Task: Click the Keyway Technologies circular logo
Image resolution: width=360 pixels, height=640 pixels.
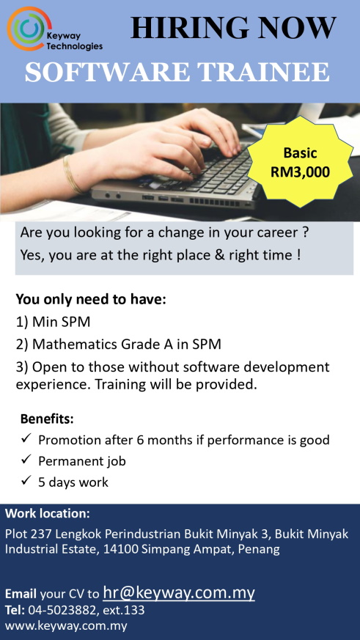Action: tap(29, 29)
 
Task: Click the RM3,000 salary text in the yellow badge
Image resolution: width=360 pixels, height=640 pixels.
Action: tap(301, 172)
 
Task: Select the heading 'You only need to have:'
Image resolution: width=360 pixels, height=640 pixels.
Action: tap(91, 299)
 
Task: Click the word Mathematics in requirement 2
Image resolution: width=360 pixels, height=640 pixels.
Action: tap(75, 345)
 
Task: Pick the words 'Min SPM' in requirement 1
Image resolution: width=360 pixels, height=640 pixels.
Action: tap(62, 323)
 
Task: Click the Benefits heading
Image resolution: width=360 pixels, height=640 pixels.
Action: tap(48, 419)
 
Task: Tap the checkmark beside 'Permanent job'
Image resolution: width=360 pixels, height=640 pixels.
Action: tap(26, 460)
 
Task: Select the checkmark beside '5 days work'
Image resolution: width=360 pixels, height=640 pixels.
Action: tap(26, 481)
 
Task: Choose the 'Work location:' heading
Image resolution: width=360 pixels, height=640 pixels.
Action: tap(48, 513)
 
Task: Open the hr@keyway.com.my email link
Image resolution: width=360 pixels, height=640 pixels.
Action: tap(179, 592)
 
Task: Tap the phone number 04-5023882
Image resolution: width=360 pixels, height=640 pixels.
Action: tap(63, 610)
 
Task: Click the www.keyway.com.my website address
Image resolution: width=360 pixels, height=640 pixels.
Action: tap(66, 625)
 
